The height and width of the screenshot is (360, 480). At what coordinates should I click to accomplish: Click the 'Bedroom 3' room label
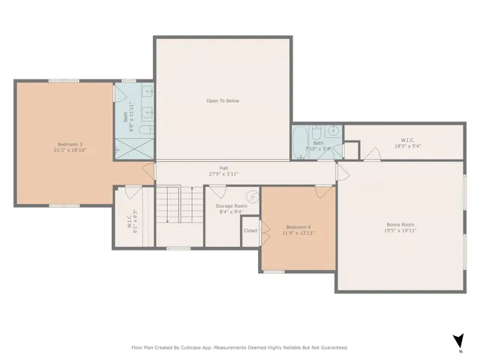(70, 144)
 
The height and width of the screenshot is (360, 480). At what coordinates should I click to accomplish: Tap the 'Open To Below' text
(223, 100)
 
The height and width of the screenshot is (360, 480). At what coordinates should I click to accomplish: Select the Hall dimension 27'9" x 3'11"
(223, 174)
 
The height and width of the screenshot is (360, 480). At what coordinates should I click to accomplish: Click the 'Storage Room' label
(231, 205)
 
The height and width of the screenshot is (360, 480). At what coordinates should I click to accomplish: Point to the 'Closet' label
(250, 231)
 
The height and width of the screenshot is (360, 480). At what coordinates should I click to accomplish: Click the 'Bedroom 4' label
(298, 227)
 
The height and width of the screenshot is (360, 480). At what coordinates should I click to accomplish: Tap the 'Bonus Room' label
(400, 224)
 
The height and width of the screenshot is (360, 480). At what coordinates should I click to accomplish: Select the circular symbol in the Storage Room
(253, 197)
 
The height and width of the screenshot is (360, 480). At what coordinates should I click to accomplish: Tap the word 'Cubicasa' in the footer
(195, 347)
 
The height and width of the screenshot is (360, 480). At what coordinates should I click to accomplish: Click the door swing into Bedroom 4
(325, 193)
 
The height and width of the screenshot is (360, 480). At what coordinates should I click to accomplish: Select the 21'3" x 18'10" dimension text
(70, 150)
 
